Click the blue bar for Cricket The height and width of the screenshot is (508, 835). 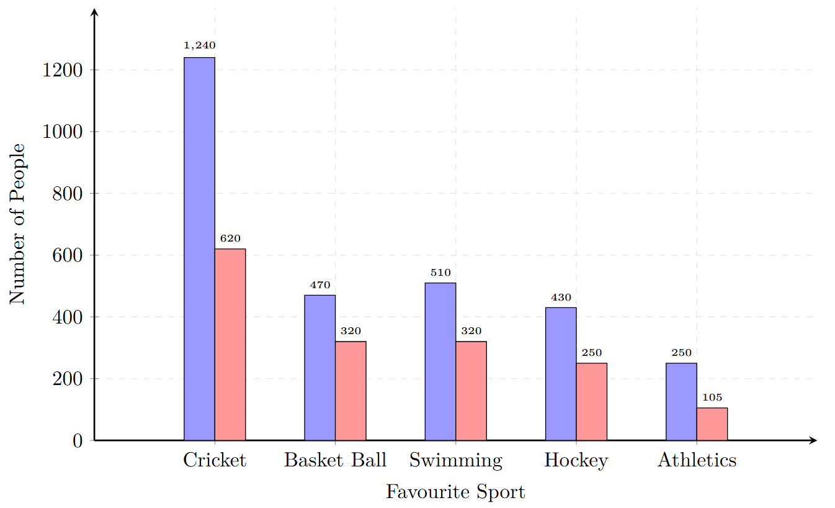(199, 248)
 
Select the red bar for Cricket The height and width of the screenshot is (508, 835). (230, 344)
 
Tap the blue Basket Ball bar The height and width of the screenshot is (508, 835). (319, 367)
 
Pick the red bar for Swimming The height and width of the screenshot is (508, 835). (471, 391)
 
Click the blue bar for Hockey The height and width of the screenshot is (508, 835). (561, 373)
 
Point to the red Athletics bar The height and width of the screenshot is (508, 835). (712, 424)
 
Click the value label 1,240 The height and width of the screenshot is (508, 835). (199, 45)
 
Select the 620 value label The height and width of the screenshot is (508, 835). (230, 238)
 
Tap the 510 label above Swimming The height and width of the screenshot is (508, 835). (440, 272)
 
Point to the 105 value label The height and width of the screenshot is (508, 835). (712, 397)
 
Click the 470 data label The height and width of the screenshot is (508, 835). (319, 285)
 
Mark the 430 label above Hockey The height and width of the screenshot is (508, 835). (561, 297)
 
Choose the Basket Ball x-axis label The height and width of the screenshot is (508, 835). (335, 460)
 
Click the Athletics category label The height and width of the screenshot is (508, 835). (697, 460)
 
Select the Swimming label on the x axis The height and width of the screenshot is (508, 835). (455, 460)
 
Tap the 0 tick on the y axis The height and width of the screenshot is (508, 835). (77, 441)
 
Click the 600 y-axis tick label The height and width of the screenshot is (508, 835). (68, 255)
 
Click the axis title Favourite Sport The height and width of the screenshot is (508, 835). (455, 492)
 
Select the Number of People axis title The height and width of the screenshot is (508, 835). (17, 224)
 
